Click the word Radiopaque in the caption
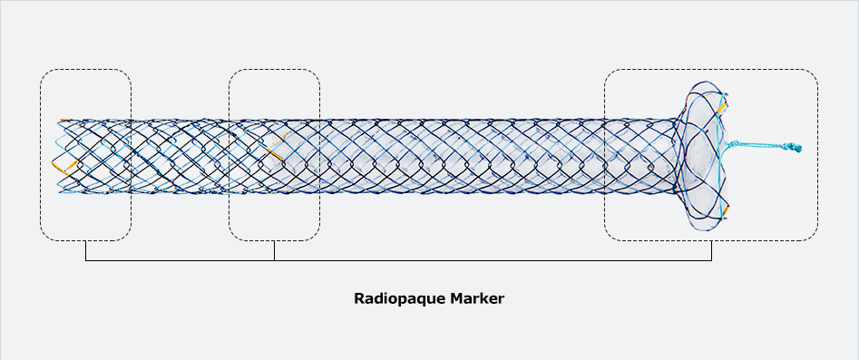pyautogui.click(x=397, y=297)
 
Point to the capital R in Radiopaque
pyautogui.click(x=358, y=297)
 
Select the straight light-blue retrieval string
pyautogui.click(x=762, y=144)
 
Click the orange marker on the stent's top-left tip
pyautogui.click(x=63, y=120)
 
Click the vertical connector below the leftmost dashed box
pyautogui.click(x=85, y=250)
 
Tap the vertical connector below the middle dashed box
pyautogui.click(x=274, y=250)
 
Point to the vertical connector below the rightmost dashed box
pyautogui.click(x=711, y=250)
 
